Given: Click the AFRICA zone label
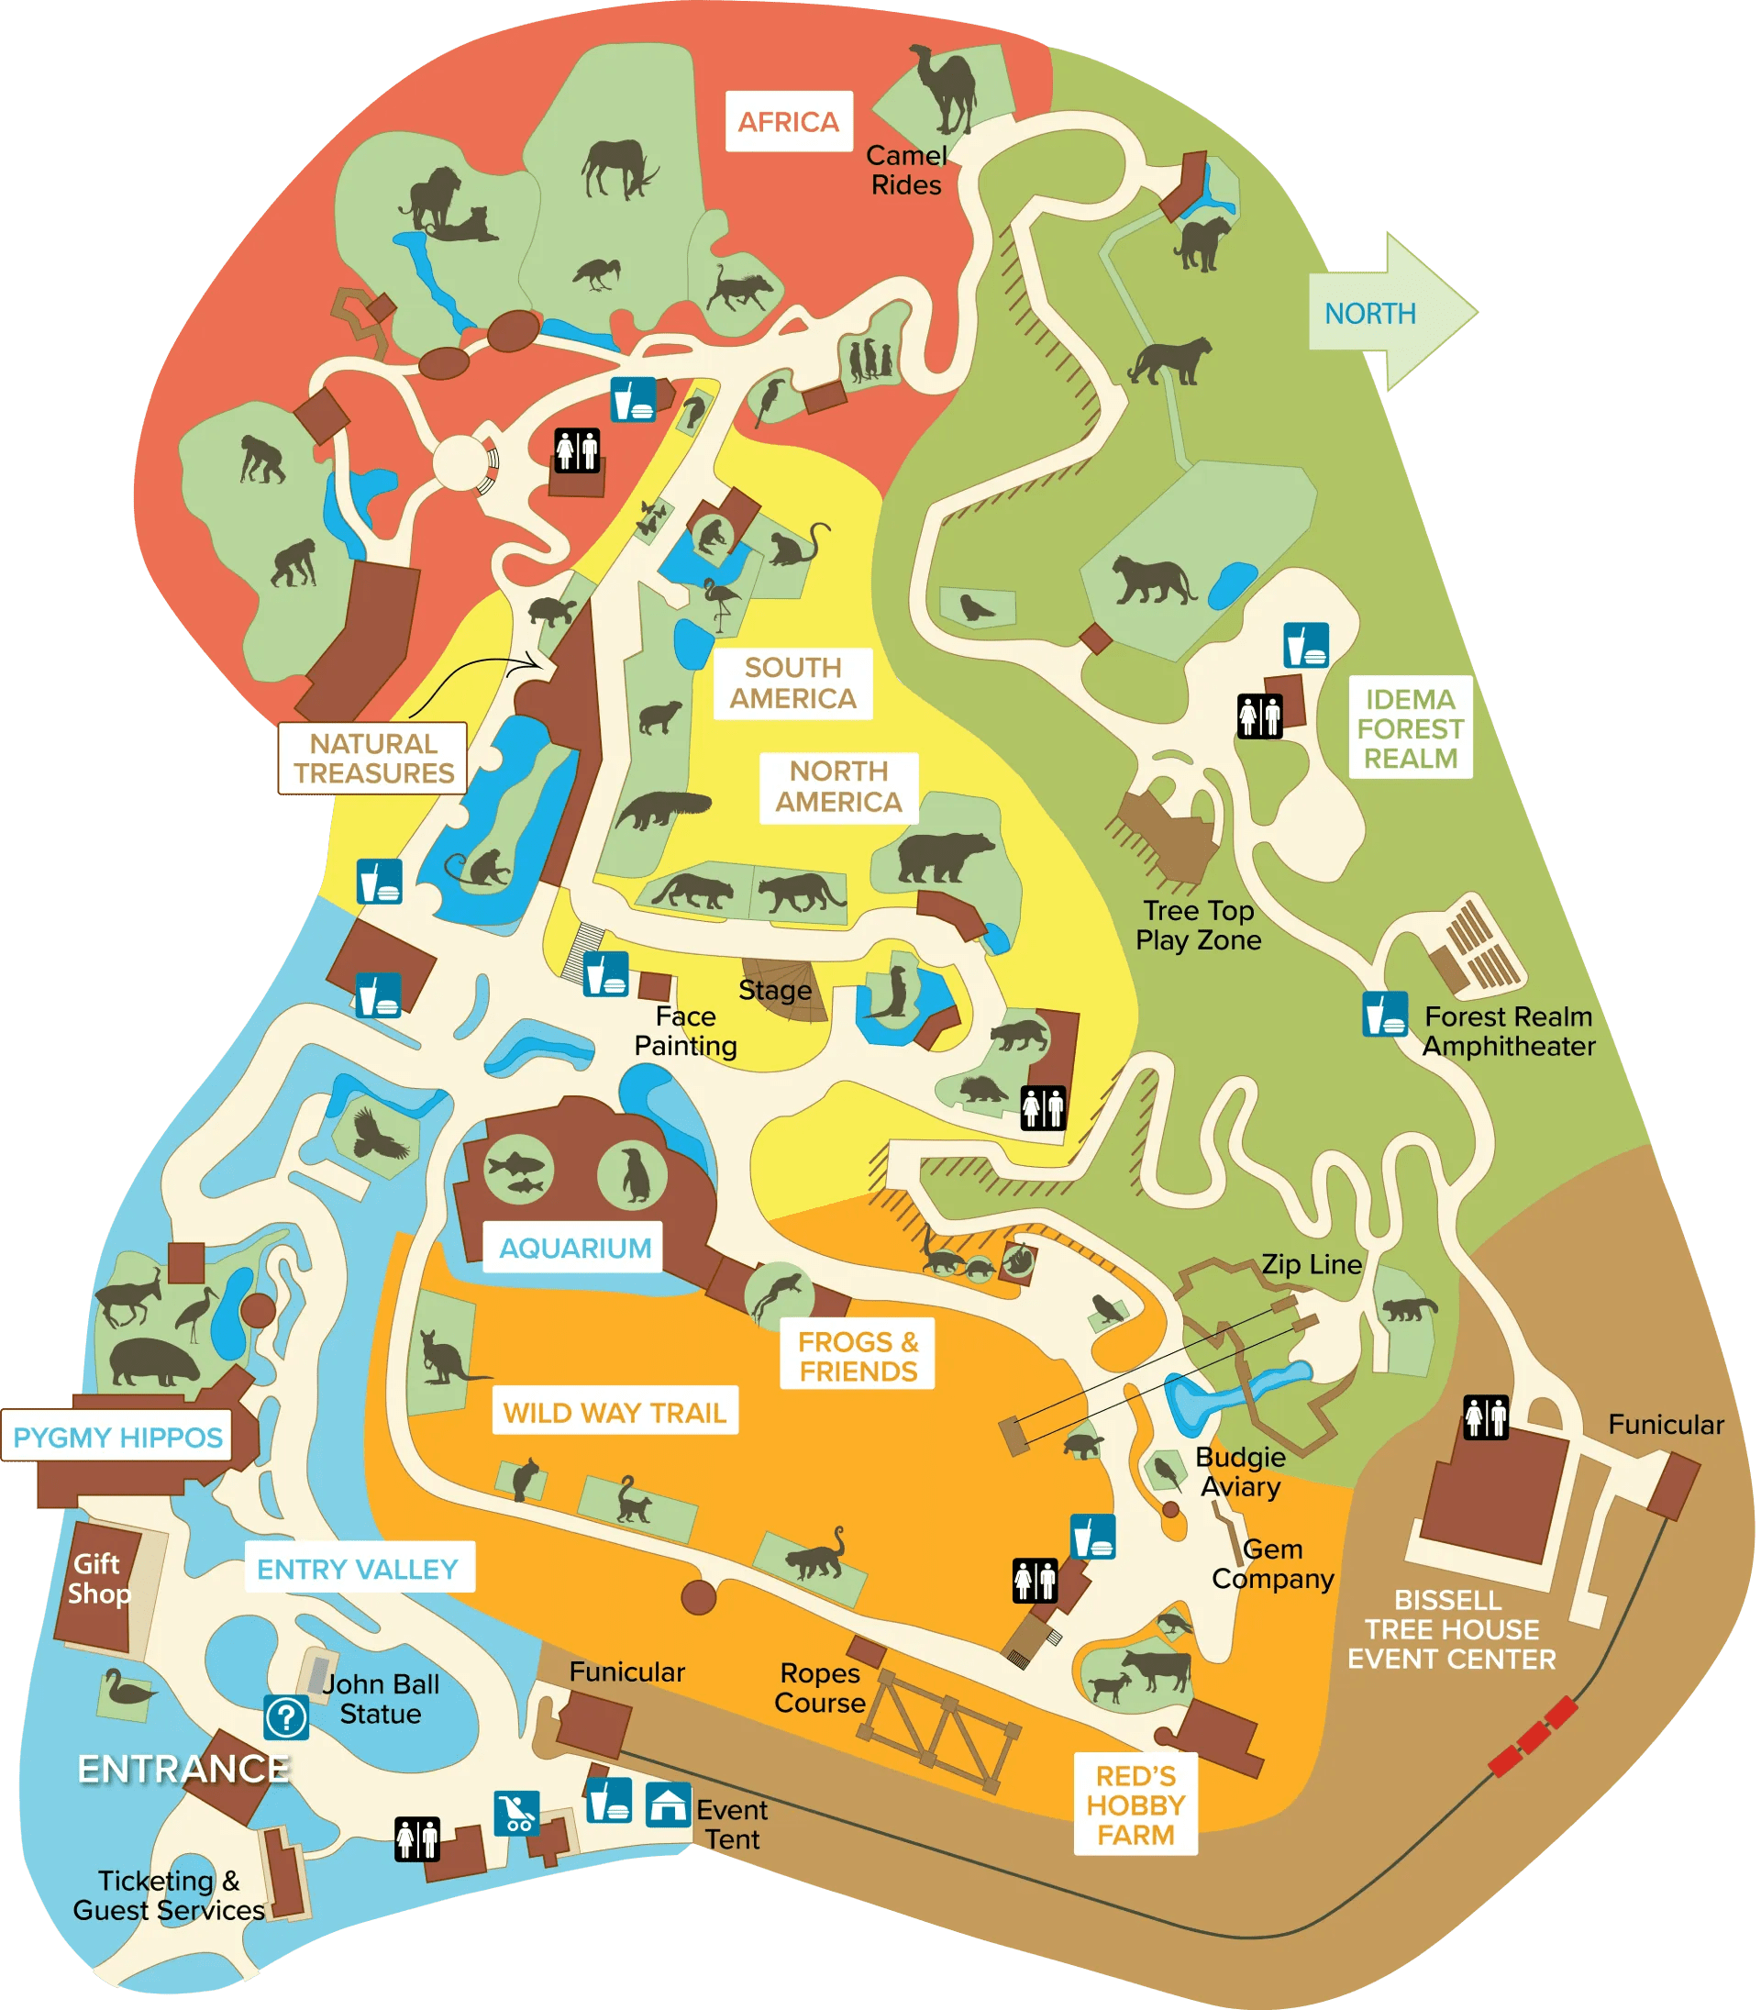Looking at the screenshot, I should coord(788,121).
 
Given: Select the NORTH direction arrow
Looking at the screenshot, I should coord(1390,313).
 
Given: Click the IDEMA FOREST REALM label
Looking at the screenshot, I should coord(1411,728).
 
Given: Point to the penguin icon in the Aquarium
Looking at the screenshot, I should coord(635,1173).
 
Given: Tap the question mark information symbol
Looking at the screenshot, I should coord(286,1717).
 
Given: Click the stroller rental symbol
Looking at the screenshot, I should coord(515,1812).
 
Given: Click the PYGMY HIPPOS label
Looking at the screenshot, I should coord(118,1437).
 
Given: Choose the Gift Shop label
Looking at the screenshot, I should coord(98,1578).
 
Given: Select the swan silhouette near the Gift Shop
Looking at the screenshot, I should coord(126,1690).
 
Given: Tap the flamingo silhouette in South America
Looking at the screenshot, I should coord(720,602).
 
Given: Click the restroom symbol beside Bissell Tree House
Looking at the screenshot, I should coord(1485,1417).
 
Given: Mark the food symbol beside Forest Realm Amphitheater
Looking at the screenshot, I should coord(1384,1015).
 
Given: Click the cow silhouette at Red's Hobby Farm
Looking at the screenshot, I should coord(1157,1668).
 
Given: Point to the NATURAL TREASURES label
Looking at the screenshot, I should coord(373,758).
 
